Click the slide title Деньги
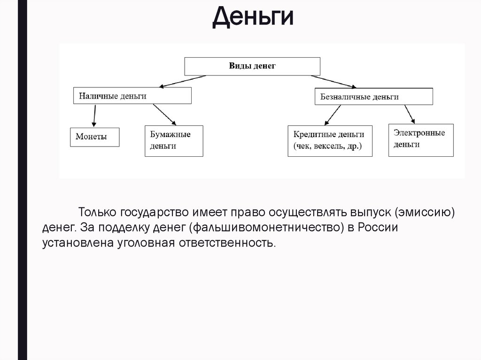coord(253,17)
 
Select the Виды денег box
coord(252,66)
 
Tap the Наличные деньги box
coord(132,96)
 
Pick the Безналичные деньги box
coord(373,97)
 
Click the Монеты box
coord(95,137)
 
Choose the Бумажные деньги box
coord(174,140)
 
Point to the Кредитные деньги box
coord(329,141)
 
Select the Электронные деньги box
coord(421,139)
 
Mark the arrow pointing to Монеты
coord(94,115)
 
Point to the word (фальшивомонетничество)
coord(268,228)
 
